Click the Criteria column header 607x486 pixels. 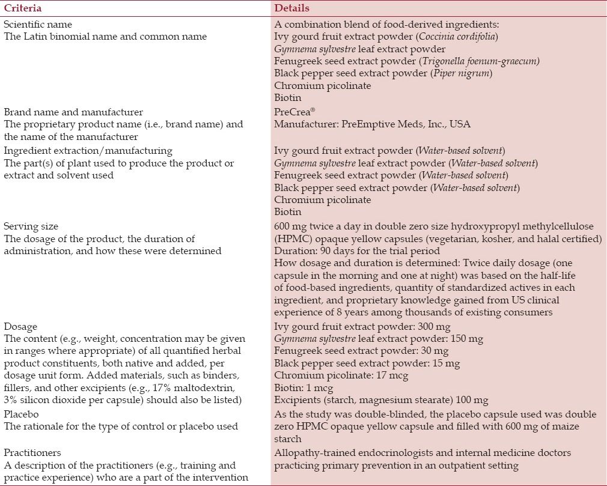point(22,8)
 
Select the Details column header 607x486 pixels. point(292,8)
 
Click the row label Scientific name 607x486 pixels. point(38,25)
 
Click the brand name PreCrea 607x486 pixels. point(291,112)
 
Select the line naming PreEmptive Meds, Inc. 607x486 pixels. point(372,124)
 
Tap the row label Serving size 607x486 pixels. point(31,226)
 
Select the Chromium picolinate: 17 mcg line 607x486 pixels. point(341,375)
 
